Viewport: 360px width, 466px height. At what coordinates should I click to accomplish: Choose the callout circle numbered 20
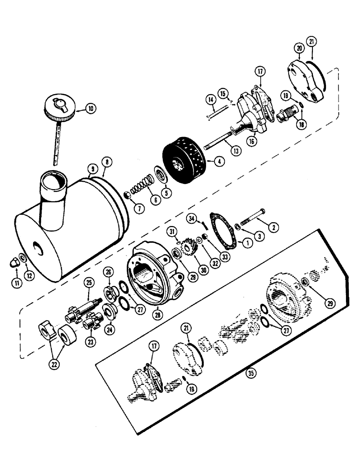[298, 48]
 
